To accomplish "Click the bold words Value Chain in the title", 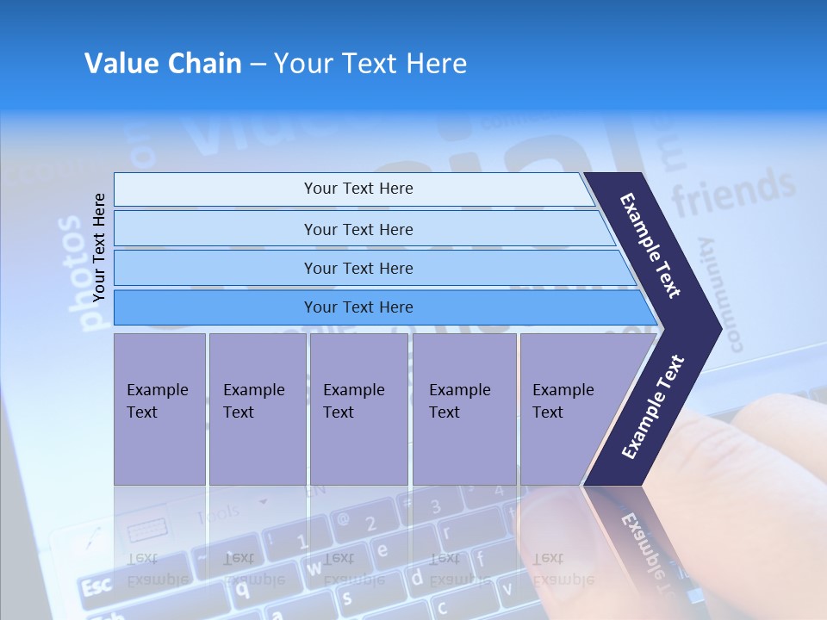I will tap(163, 64).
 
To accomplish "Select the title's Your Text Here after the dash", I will tap(370, 64).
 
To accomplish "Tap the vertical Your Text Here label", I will tap(99, 247).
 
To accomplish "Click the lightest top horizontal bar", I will tap(358, 189).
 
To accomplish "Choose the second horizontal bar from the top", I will tap(358, 229).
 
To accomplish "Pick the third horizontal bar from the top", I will tap(358, 268).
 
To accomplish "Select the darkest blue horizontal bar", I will tap(358, 307).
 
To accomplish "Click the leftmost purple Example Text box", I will tap(159, 408).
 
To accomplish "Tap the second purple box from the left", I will tap(257, 408).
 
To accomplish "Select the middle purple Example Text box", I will tap(358, 408).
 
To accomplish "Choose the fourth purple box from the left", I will tap(464, 408).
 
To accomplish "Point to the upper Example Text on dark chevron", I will tap(650, 245).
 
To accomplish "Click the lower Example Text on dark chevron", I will tap(652, 406).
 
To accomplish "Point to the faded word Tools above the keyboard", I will tap(217, 515).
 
